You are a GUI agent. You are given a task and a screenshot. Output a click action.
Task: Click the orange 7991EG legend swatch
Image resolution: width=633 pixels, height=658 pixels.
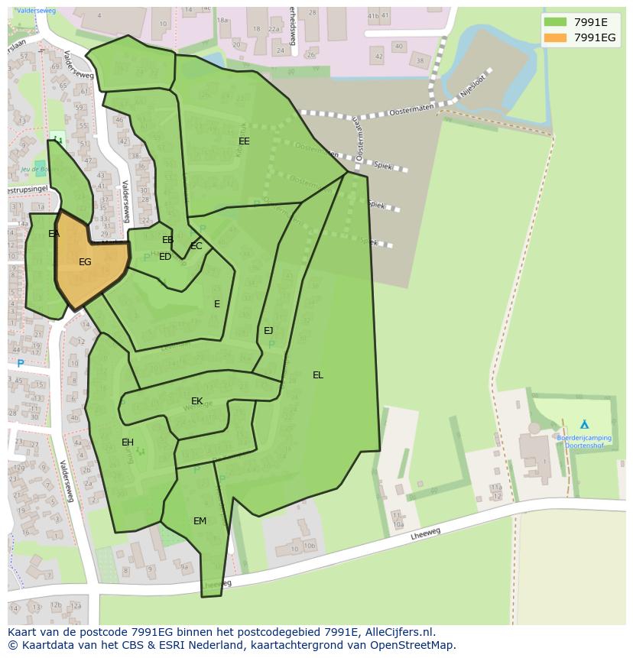(556, 37)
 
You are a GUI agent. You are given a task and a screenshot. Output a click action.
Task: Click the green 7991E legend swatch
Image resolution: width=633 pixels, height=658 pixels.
(556, 22)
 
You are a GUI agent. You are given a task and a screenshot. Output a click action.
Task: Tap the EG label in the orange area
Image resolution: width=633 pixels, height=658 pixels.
(85, 262)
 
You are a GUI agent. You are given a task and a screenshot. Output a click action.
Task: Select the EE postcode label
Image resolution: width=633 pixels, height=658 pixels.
(244, 141)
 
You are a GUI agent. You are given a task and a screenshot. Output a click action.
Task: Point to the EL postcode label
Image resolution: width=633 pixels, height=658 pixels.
(318, 375)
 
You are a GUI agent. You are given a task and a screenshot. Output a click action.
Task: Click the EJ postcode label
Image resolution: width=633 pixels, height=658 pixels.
(268, 331)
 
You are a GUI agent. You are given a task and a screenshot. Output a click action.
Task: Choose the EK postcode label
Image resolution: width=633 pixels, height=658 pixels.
(197, 401)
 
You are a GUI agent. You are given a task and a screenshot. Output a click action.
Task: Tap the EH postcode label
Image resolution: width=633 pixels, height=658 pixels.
(128, 442)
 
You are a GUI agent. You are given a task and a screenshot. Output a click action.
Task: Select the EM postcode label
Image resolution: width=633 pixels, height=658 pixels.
(200, 521)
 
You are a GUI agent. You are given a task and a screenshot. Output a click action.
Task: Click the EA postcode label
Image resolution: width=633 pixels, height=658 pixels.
(54, 234)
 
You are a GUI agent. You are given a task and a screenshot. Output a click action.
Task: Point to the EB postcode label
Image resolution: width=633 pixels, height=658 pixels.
(168, 240)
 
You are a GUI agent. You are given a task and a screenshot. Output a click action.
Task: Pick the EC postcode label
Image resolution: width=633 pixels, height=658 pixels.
(196, 246)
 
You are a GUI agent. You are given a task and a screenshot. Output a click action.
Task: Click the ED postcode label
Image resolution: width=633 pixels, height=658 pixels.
(165, 257)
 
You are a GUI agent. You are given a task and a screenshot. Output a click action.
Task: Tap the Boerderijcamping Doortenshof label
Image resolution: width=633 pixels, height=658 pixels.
(584, 442)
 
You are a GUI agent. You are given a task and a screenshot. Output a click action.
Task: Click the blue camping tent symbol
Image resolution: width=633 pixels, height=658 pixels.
(585, 424)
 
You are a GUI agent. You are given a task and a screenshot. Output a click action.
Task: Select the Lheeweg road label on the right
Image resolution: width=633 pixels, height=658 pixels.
(426, 536)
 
